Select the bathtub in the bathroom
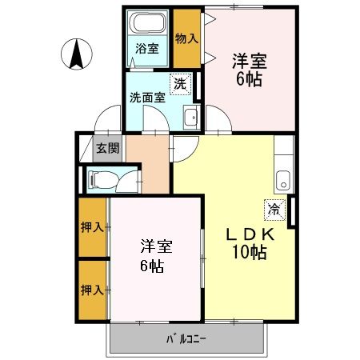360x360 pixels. click(x=149, y=23)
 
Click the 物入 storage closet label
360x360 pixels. click(x=186, y=38)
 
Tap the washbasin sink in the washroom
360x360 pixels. click(x=191, y=119)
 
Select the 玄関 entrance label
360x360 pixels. click(x=107, y=148)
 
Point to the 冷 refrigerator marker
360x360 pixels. click(x=274, y=210)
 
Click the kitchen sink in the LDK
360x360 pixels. click(x=283, y=178)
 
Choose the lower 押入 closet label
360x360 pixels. click(x=92, y=288)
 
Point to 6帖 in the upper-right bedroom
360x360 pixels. click(x=248, y=78)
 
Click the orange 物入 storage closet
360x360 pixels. click(x=187, y=32)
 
